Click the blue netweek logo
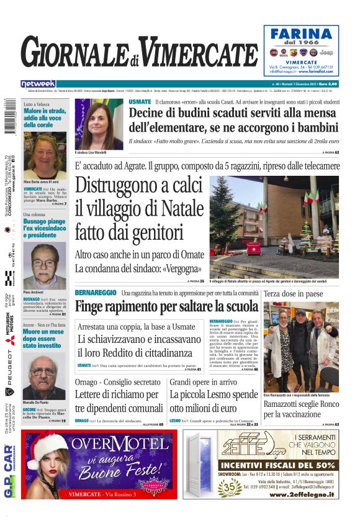[x=38, y=84]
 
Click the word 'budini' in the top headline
[x=187, y=113]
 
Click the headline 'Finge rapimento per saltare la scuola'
[x=166, y=306]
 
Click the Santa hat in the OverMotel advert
[x=46, y=443]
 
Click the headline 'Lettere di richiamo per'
[x=117, y=394]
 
